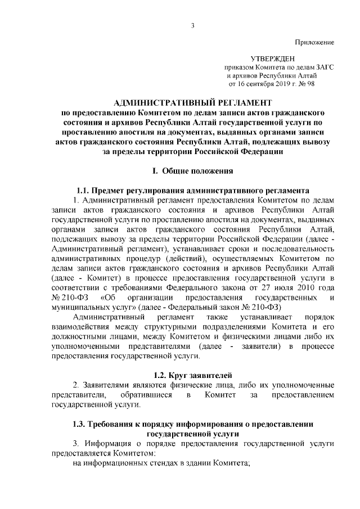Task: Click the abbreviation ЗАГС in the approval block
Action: [323, 67]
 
